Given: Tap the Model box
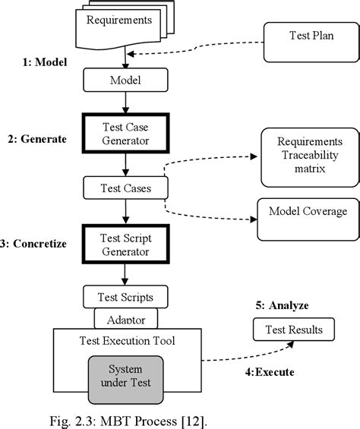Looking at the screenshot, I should [x=124, y=77].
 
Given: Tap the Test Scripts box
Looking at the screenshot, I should [x=125, y=297].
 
